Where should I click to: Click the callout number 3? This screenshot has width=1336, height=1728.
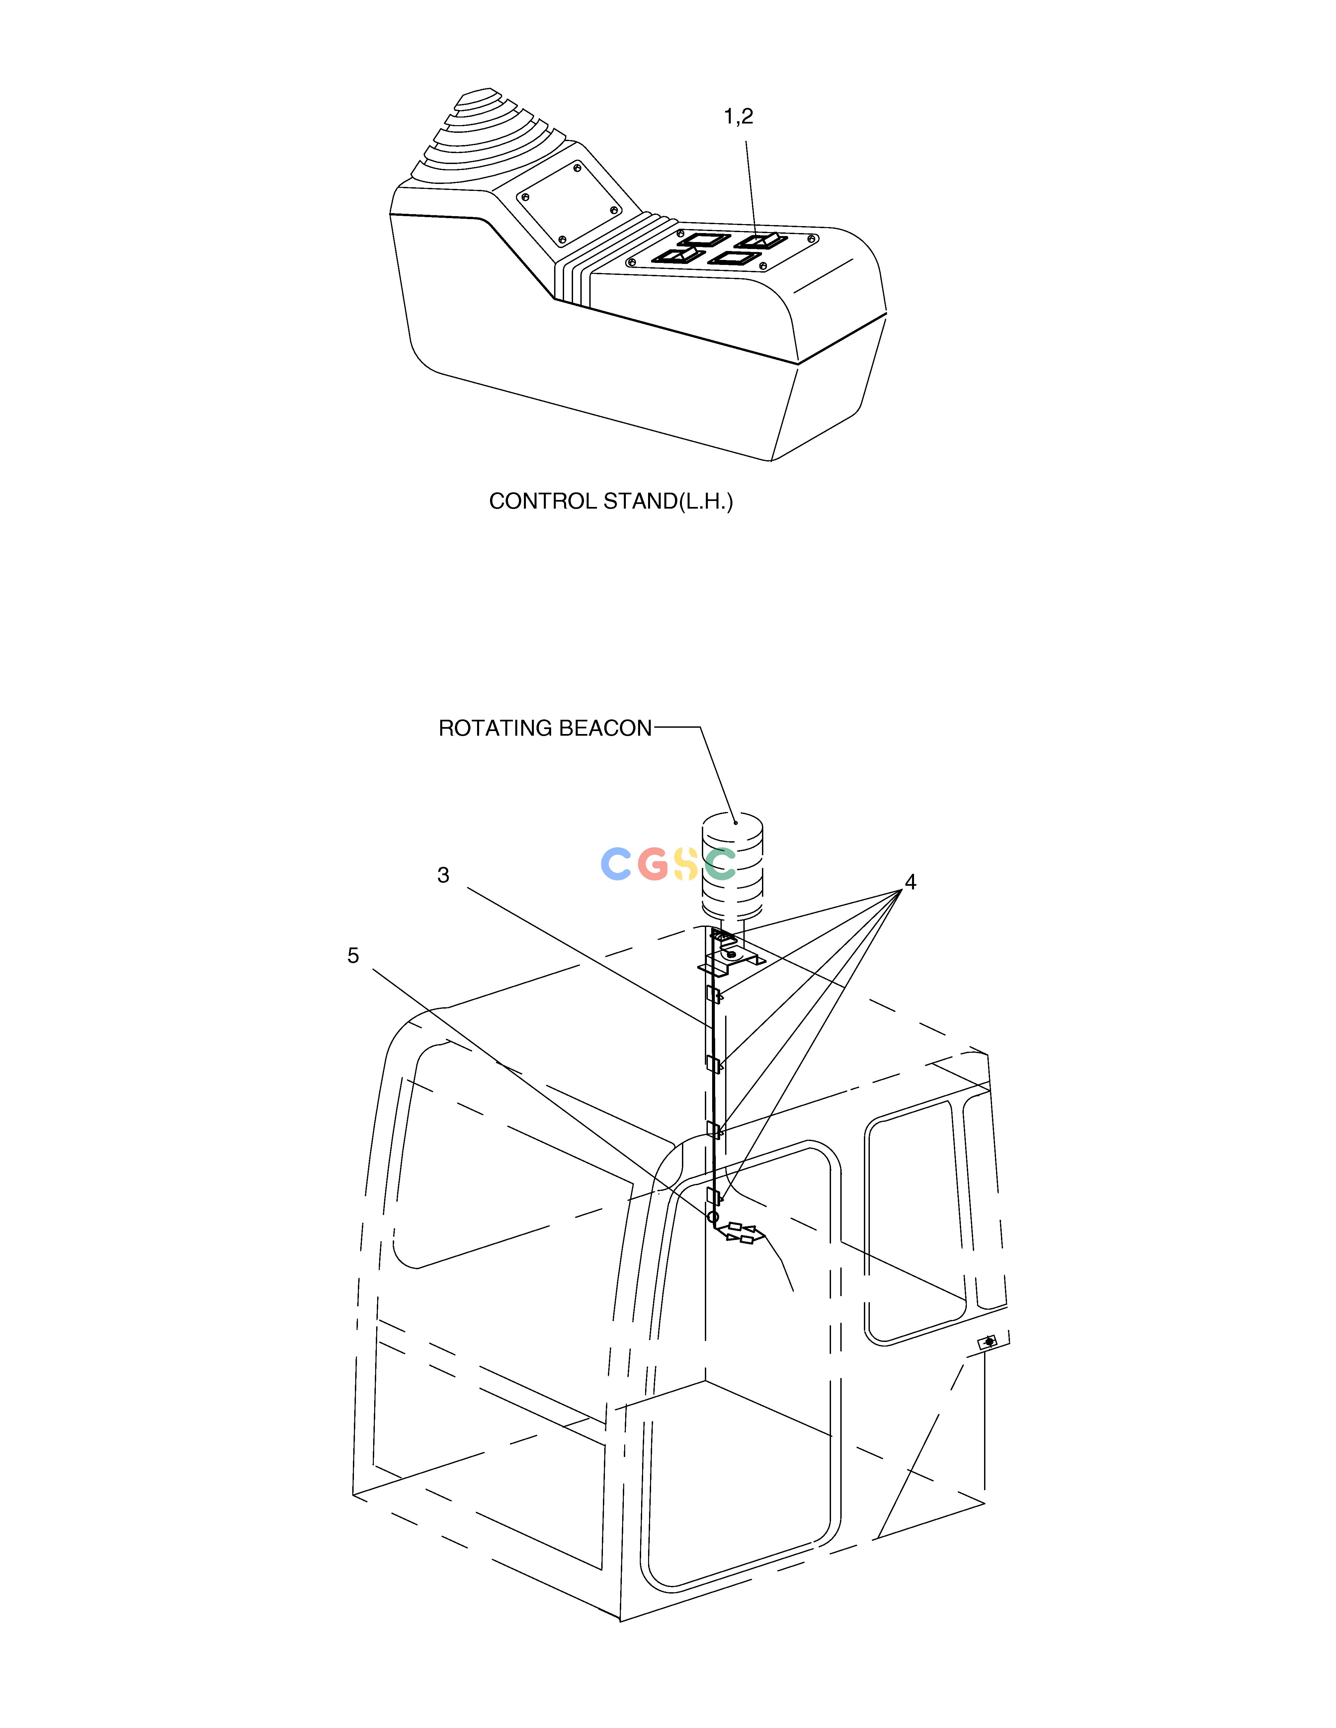pos(443,875)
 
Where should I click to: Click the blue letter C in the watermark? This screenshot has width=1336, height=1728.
pos(616,864)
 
